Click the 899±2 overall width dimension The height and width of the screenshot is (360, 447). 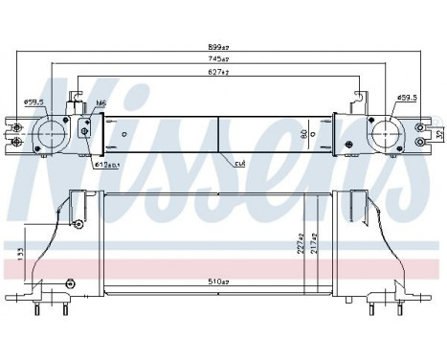[222, 45]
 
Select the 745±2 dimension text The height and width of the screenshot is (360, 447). [222, 60]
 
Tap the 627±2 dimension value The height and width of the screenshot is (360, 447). [222, 73]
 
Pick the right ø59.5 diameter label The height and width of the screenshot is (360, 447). [406, 97]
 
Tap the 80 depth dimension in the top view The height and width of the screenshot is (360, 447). [303, 134]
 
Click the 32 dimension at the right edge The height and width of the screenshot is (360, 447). [438, 134]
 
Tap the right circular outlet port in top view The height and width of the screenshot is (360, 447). [387, 134]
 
